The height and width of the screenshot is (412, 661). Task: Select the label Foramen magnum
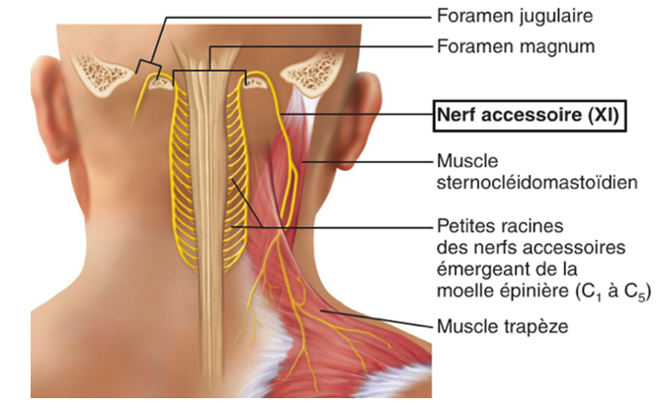[502, 46]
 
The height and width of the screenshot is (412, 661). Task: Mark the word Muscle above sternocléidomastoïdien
[464, 161]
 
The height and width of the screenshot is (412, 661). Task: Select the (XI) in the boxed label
[600, 116]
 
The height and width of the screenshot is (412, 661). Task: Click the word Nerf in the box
[457, 116]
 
